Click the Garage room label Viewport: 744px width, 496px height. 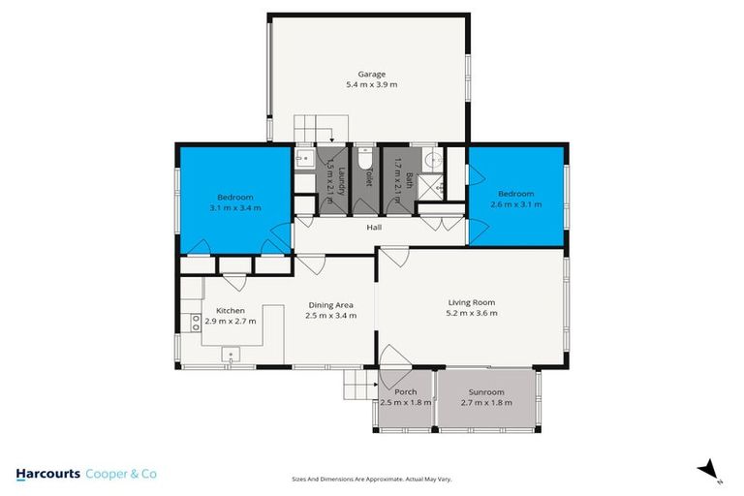[371, 74]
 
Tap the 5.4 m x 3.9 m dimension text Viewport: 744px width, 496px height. [371, 85]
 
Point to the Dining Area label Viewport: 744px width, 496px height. [330, 303]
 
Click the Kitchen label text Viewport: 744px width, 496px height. [230, 310]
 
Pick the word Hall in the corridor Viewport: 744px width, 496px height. [373, 228]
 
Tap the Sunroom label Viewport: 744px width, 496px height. [486, 392]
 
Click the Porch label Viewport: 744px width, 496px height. [405, 392]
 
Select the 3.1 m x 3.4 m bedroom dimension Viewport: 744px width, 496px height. [234, 207]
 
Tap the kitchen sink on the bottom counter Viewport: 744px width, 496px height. [232, 354]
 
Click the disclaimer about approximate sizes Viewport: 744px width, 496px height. [372, 479]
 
